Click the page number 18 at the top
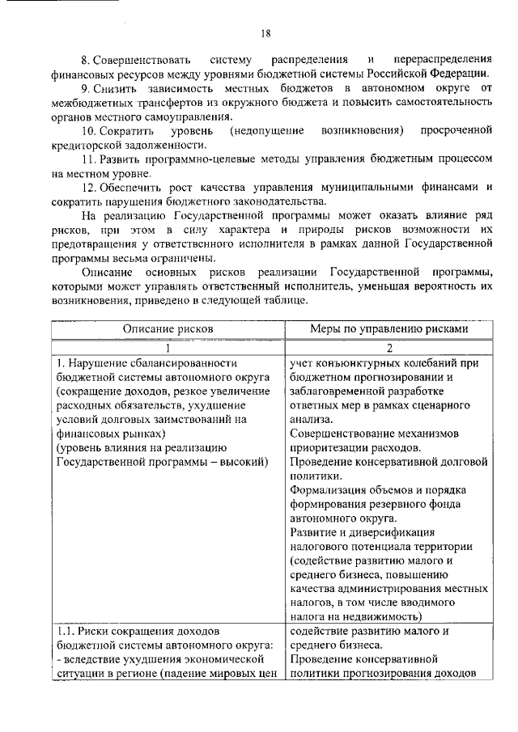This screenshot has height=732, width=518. [x=265, y=33]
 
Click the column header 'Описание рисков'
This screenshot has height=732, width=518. [x=168, y=329]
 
